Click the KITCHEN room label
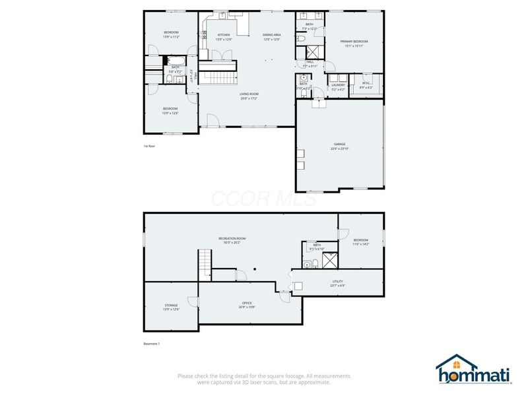click(x=224, y=34)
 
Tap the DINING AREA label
click(x=272, y=34)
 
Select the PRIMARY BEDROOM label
click(x=354, y=41)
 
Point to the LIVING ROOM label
click(x=249, y=94)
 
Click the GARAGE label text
click(x=339, y=144)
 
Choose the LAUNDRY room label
click(x=338, y=84)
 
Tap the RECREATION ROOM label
click(x=232, y=238)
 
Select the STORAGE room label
click(x=171, y=305)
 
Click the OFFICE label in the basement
click(x=246, y=303)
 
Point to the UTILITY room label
click(x=337, y=281)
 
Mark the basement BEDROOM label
click(x=360, y=240)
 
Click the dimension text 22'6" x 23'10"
click(x=339, y=148)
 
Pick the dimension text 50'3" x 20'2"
click(x=232, y=242)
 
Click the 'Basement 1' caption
click(x=152, y=344)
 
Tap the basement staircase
click(x=205, y=264)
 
